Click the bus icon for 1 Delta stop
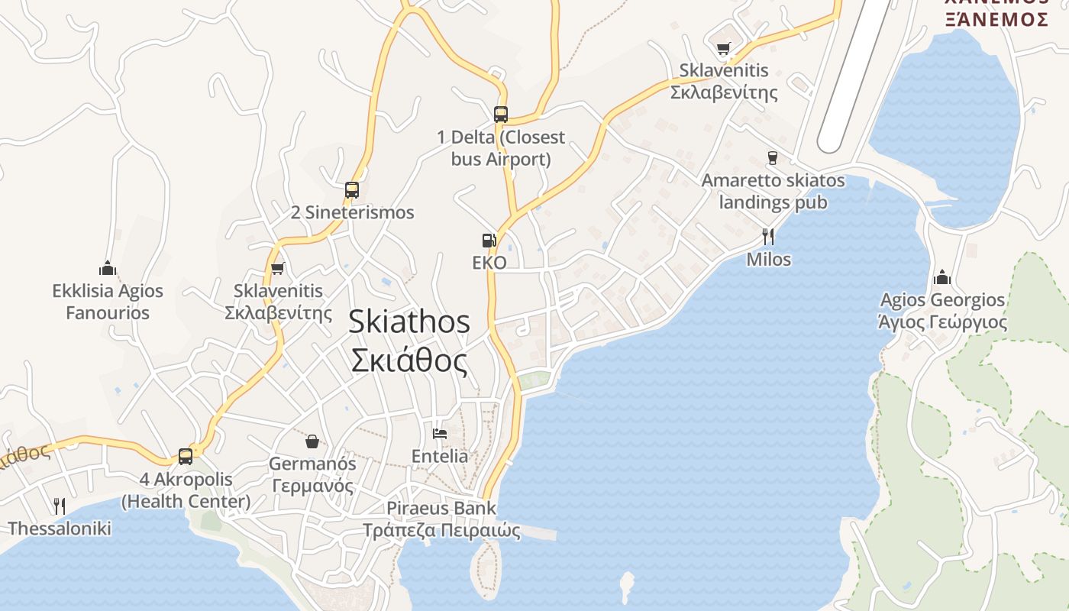[x=501, y=115]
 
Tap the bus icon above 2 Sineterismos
[x=352, y=189]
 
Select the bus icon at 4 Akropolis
[x=186, y=457]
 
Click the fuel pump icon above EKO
[x=489, y=241]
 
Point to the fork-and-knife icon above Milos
[x=768, y=236]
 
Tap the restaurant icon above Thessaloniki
[x=60, y=506]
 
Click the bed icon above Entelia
[x=440, y=434]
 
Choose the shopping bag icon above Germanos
[x=312, y=441]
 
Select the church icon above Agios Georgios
[x=942, y=276]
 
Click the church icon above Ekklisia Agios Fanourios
[x=108, y=268]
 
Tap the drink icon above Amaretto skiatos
[x=773, y=158]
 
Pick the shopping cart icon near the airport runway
[x=723, y=49]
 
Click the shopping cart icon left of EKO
[x=278, y=268]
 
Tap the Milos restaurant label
[x=768, y=260]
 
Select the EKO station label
[x=489, y=263]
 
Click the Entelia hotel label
[x=440, y=456]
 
